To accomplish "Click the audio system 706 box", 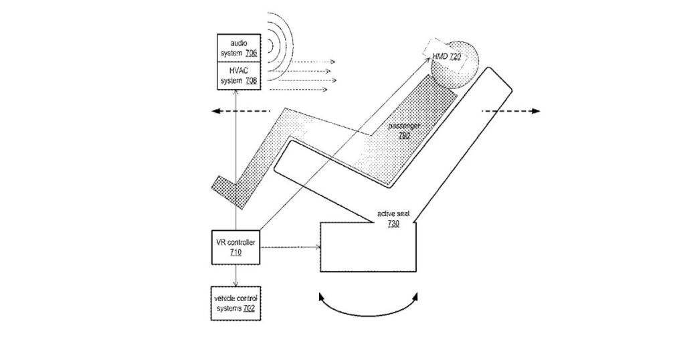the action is click(x=239, y=48).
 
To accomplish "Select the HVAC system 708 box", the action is click(x=239, y=76).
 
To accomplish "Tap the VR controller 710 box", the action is click(x=236, y=248).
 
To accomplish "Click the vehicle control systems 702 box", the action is click(x=236, y=304).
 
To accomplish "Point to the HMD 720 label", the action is click(x=446, y=56).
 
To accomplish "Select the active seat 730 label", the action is click(x=393, y=218).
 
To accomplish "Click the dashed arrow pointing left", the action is click(x=241, y=111).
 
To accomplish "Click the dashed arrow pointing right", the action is click(x=510, y=111).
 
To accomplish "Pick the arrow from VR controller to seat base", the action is click(x=290, y=248).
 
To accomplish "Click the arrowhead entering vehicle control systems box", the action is click(x=236, y=284).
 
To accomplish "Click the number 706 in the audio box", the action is click(x=251, y=54).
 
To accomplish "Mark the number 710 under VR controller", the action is click(x=235, y=252).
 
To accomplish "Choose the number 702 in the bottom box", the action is click(x=249, y=308).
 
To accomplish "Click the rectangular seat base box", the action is click(x=369, y=248).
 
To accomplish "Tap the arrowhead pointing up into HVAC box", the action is click(x=236, y=92).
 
